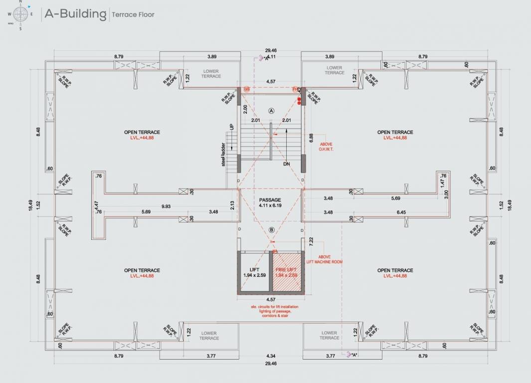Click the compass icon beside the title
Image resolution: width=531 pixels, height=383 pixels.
[x=21, y=14]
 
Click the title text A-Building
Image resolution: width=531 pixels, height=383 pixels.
[x=75, y=13]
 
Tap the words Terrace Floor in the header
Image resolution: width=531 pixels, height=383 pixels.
[x=133, y=14]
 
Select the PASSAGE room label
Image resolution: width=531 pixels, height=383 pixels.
[x=271, y=199]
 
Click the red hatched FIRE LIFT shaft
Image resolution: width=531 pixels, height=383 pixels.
[x=287, y=272]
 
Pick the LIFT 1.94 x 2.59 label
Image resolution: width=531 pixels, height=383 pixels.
[x=254, y=272]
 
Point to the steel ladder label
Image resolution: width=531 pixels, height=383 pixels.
[x=224, y=155]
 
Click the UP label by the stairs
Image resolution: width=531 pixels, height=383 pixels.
[x=232, y=127]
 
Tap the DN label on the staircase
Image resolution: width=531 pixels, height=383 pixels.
[x=286, y=164]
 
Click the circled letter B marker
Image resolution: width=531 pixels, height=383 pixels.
[x=272, y=230]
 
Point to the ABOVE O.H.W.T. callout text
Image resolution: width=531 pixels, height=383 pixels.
[x=326, y=146]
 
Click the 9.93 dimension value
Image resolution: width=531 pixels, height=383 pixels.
[x=166, y=206]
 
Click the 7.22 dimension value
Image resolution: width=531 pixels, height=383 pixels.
[x=311, y=241]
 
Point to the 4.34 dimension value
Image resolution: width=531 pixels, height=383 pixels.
[x=271, y=356]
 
